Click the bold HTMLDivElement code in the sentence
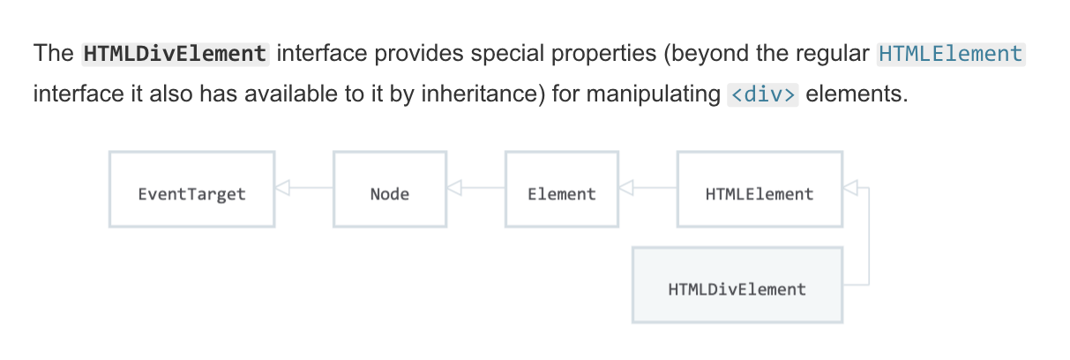[x=176, y=54]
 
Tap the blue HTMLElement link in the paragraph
[x=951, y=54]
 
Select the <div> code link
[x=763, y=94]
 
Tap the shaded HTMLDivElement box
[x=737, y=285]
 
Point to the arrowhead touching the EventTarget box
[x=283, y=188]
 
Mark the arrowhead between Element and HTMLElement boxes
[x=626, y=188]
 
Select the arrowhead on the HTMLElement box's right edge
[x=850, y=188]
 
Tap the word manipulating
[x=654, y=94]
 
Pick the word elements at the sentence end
[x=857, y=94]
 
